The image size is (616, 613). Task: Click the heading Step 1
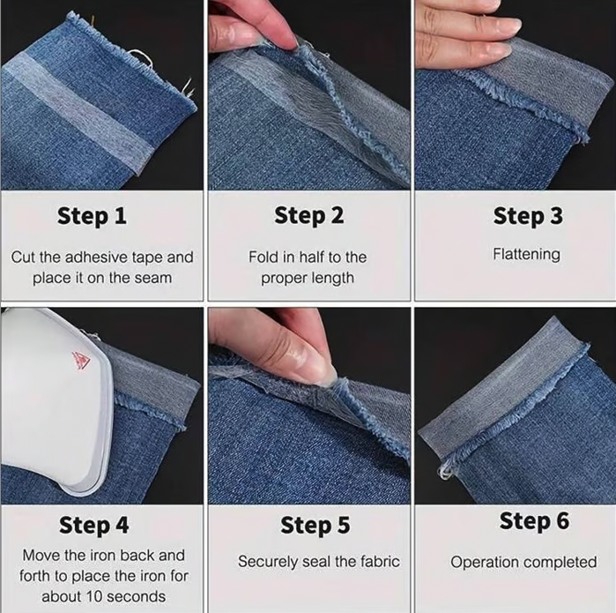click(x=92, y=216)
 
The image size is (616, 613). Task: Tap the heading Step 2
click(x=308, y=216)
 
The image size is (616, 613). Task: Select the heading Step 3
click(x=528, y=216)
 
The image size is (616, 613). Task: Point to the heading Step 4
click(x=94, y=526)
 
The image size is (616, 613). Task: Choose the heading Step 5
click(x=315, y=526)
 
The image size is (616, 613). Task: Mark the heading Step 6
click(x=534, y=521)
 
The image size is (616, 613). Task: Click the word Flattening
click(x=526, y=254)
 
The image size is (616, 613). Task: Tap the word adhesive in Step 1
click(x=96, y=258)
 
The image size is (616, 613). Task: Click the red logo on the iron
click(x=81, y=361)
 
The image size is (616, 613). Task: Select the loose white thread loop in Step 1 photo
click(x=141, y=58)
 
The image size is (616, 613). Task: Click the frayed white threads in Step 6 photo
click(x=445, y=471)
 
